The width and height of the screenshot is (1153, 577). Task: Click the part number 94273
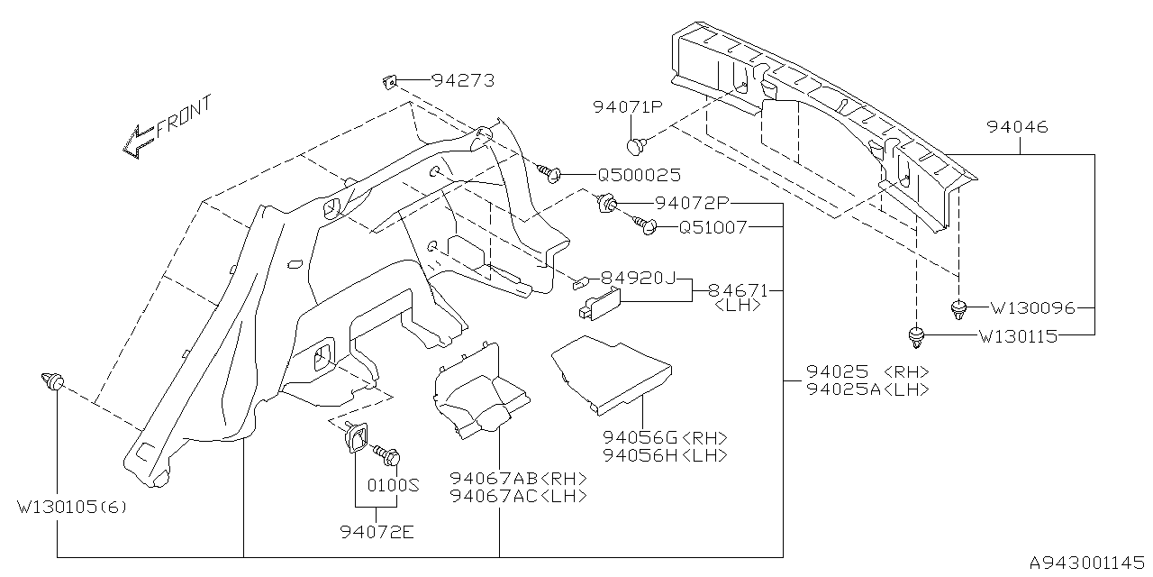point(463,80)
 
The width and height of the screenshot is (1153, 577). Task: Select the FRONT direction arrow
point(140,140)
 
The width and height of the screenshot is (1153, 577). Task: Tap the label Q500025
point(638,175)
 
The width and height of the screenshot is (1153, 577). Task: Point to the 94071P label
point(628,107)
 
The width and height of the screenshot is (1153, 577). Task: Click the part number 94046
point(1017,128)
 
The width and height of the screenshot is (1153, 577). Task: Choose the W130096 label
point(1032,307)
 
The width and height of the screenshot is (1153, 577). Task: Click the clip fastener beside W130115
point(917,339)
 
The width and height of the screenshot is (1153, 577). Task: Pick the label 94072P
point(691,203)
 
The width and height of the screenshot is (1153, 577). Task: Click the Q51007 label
point(713,228)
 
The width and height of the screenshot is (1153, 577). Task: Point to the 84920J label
point(639,278)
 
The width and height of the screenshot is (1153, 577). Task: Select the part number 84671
point(737,290)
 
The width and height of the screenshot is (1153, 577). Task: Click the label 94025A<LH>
point(867,389)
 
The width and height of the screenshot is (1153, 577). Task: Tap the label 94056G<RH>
point(666,437)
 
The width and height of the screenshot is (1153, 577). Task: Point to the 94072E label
point(377,532)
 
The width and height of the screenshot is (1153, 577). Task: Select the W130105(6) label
point(72,507)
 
